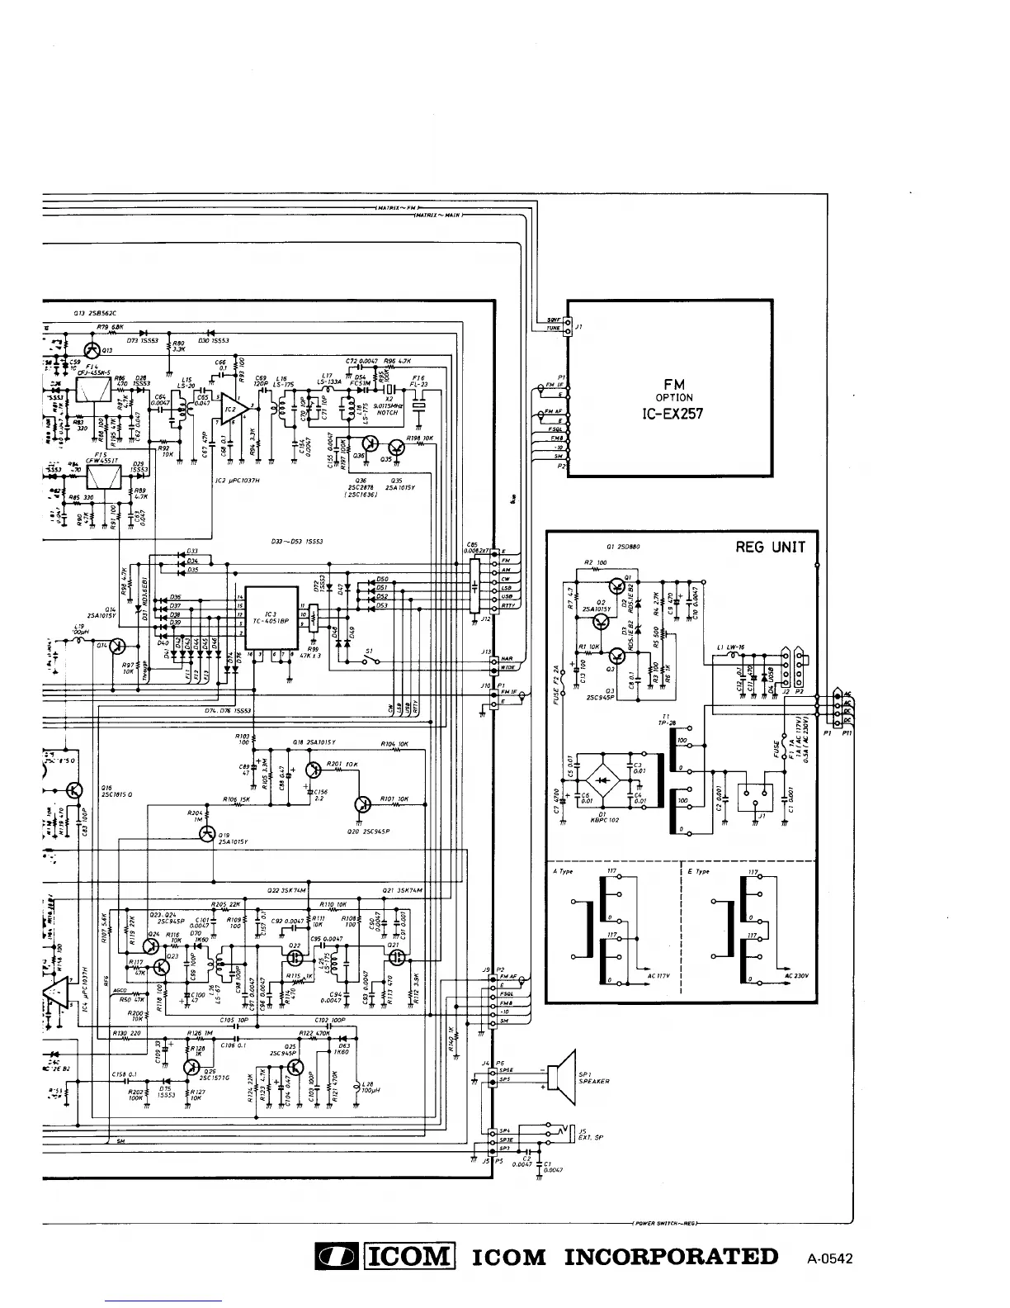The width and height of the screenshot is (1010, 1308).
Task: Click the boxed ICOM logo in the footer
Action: click(x=410, y=1257)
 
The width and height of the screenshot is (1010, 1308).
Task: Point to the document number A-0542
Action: click(x=829, y=1259)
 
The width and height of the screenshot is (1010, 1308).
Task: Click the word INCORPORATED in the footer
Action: click(x=671, y=1257)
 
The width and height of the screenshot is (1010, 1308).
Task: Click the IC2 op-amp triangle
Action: click(x=231, y=409)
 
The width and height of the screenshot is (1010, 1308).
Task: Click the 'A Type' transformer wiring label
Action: click(x=563, y=871)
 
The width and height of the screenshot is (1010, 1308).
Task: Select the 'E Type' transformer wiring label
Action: click(x=698, y=871)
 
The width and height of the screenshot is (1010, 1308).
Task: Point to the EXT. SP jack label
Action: click(x=591, y=1137)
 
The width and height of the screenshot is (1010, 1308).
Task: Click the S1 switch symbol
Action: click(x=373, y=660)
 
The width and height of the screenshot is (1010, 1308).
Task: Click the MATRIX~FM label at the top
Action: click(x=399, y=206)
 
